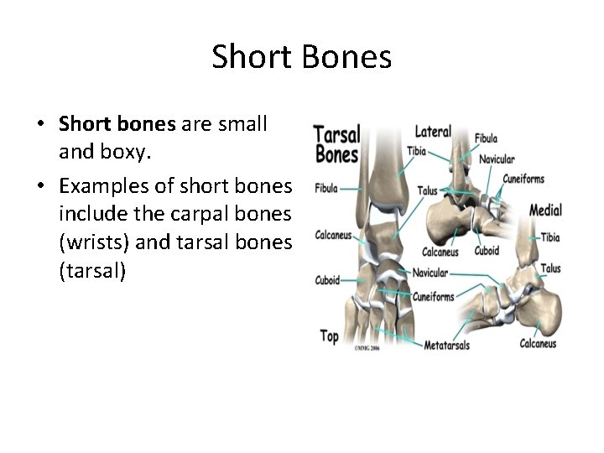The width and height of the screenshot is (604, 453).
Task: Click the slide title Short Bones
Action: [302, 57]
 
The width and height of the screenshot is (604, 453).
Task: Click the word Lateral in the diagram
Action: [433, 132]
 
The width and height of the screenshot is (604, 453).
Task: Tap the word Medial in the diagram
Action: [545, 210]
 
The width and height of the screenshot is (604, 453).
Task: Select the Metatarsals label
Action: [446, 346]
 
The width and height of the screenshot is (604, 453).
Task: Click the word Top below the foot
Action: [330, 336]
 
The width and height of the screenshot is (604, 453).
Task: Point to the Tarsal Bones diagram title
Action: [336, 143]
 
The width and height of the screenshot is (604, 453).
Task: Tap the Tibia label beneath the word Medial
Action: [550, 237]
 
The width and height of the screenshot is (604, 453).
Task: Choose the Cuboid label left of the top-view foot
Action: [328, 280]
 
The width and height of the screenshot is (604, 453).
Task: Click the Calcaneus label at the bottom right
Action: [538, 343]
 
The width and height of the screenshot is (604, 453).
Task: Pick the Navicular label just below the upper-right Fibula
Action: [497, 159]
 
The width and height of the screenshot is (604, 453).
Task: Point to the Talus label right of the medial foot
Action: [550, 268]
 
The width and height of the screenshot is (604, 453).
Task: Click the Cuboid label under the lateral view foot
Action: [487, 251]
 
